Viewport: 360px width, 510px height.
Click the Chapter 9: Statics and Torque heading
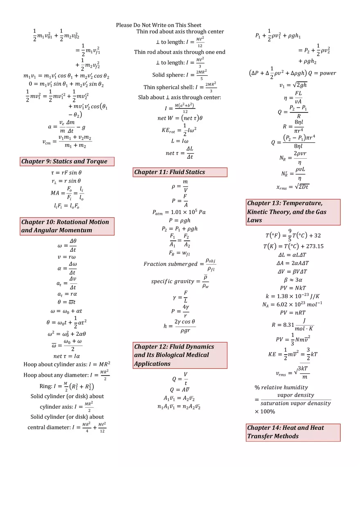pos(67,162)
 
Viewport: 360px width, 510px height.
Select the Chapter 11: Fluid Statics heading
pos(180,172)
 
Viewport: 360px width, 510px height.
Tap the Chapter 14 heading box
pos(293,432)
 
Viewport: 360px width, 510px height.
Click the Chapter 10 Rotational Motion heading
pos(67,226)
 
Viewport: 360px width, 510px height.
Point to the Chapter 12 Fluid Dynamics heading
pos(180,355)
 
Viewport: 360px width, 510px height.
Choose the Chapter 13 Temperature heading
pos(293,212)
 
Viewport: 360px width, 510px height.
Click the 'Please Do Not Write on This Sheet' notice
pos(159,25)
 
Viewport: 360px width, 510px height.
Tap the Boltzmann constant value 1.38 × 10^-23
pos(292,296)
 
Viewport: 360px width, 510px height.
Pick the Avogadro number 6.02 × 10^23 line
pos(292,304)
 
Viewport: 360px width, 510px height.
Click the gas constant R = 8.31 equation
pos(292,325)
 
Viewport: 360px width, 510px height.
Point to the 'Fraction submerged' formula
pos(179,264)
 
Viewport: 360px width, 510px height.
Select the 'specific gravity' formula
pos(180,281)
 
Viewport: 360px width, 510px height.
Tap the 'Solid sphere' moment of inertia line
pos(180,75)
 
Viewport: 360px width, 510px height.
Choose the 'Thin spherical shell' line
pos(180,87)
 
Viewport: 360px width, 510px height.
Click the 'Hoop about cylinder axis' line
pos(67,364)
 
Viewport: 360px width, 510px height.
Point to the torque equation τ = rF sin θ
pos(66,173)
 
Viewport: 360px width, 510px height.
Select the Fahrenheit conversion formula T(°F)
pos(292,235)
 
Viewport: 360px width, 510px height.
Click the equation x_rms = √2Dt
pos(292,186)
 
